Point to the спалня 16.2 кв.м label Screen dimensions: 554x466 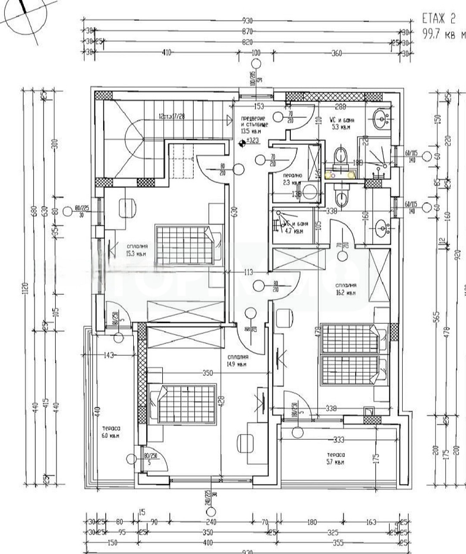pos(346,289)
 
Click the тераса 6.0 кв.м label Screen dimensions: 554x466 pos(111,432)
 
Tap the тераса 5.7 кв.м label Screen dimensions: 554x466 pos(336,458)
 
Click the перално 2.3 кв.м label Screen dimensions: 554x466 pos(292,179)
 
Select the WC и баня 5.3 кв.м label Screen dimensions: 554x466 pos(343,123)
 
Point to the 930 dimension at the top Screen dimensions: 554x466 pos(247,20)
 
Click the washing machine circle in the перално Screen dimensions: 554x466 pos(309,191)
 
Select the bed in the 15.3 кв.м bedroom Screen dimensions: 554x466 pos(185,244)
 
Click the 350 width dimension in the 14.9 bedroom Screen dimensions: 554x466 pos(208,373)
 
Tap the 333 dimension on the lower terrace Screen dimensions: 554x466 pos(339,440)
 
